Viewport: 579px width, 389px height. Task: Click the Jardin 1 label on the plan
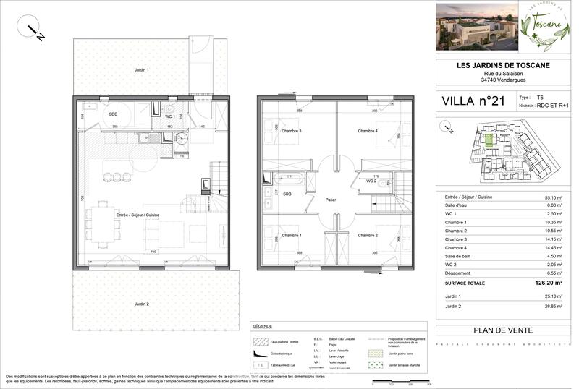(141, 70)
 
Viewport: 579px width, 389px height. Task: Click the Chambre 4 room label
(367, 131)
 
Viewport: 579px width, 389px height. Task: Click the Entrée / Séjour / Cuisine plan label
(138, 215)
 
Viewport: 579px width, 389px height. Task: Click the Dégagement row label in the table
(457, 274)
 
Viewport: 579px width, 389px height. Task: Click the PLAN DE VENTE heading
(503, 330)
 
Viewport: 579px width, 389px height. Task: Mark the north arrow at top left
(35, 32)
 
